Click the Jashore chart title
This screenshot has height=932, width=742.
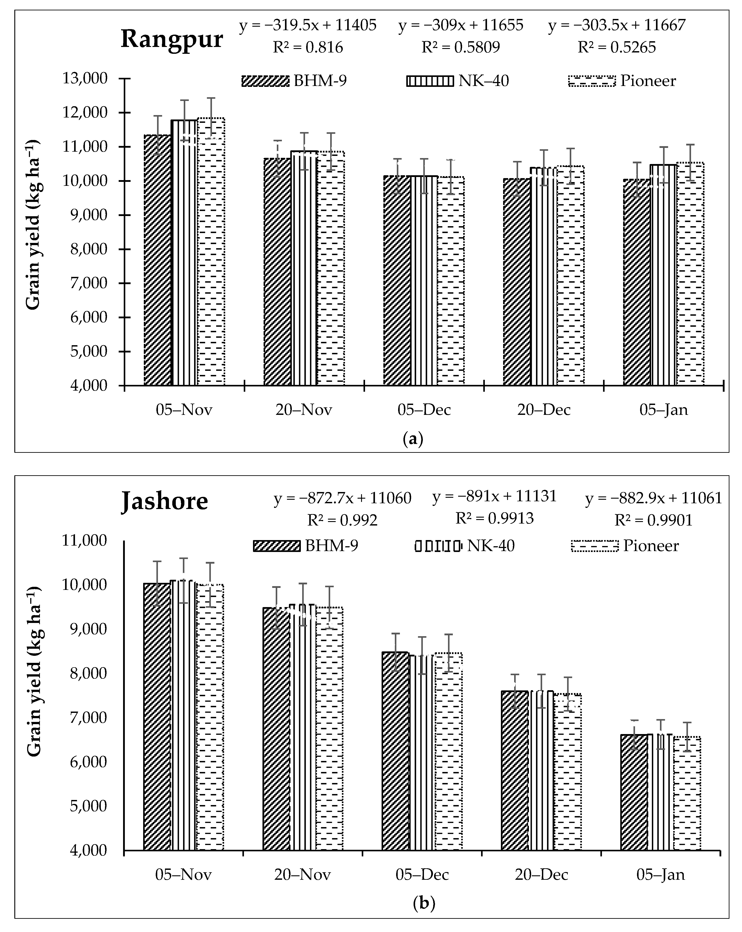(164, 501)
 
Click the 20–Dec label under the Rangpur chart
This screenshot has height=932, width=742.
(544, 409)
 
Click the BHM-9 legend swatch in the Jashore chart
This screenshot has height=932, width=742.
(276, 546)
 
